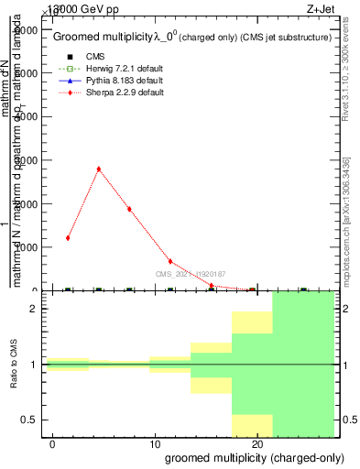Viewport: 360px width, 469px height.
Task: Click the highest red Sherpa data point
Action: pos(98,169)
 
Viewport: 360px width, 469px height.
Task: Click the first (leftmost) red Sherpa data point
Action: pos(68,238)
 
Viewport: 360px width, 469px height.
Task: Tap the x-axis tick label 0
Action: pos(54,443)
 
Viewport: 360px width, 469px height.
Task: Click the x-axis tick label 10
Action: pos(155,443)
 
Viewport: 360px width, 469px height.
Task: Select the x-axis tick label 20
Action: pos(257,443)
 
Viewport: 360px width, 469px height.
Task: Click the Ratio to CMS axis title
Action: pos(14,365)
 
